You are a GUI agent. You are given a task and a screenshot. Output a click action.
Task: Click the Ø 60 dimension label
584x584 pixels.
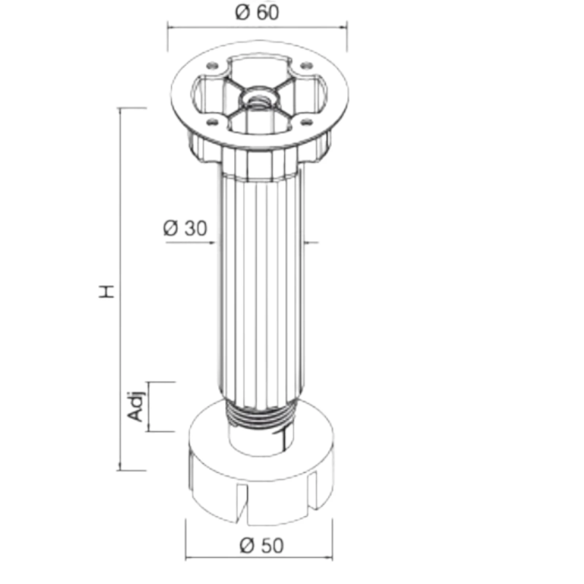point(257,12)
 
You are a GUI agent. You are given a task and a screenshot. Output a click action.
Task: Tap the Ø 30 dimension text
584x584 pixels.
point(185,228)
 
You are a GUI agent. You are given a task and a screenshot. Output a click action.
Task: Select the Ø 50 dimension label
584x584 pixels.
point(261,546)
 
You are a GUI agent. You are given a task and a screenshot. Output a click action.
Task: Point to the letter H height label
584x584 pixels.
point(107,291)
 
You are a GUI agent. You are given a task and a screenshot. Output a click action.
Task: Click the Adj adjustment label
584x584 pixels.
point(136,406)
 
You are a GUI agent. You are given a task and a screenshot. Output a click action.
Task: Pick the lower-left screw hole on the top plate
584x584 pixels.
point(212,122)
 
